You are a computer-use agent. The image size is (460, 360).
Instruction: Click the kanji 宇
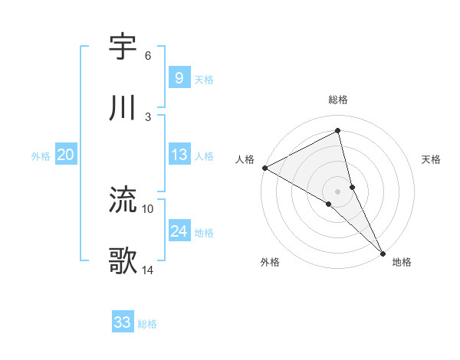coord(123,47)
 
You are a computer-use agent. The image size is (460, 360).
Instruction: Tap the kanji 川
coord(123,109)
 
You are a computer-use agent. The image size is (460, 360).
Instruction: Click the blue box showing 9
coord(179,77)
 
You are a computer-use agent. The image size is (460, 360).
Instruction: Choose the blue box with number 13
coord(179,155)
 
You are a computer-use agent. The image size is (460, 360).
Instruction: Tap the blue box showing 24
coord(179,231)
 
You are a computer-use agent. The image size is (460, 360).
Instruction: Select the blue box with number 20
coord(65,155)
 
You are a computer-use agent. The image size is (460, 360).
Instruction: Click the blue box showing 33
coord(123,322)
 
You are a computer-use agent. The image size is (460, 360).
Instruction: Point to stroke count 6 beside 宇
coord(148,56)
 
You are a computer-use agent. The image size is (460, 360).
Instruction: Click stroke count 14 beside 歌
coord(148,270)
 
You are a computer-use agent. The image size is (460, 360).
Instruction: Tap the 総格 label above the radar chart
coord(338,100)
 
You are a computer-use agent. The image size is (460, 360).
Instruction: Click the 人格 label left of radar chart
coord(245,159)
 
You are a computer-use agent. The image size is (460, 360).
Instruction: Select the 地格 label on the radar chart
coord(402,262)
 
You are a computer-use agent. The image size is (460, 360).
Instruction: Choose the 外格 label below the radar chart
coord(270,262)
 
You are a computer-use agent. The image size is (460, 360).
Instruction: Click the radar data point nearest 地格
coord(383,251)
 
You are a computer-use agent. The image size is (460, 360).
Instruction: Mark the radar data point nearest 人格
coord(264,168)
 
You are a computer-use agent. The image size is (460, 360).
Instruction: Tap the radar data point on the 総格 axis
coord(338,132)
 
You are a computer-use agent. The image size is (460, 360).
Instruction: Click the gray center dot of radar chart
coord(338,191)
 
